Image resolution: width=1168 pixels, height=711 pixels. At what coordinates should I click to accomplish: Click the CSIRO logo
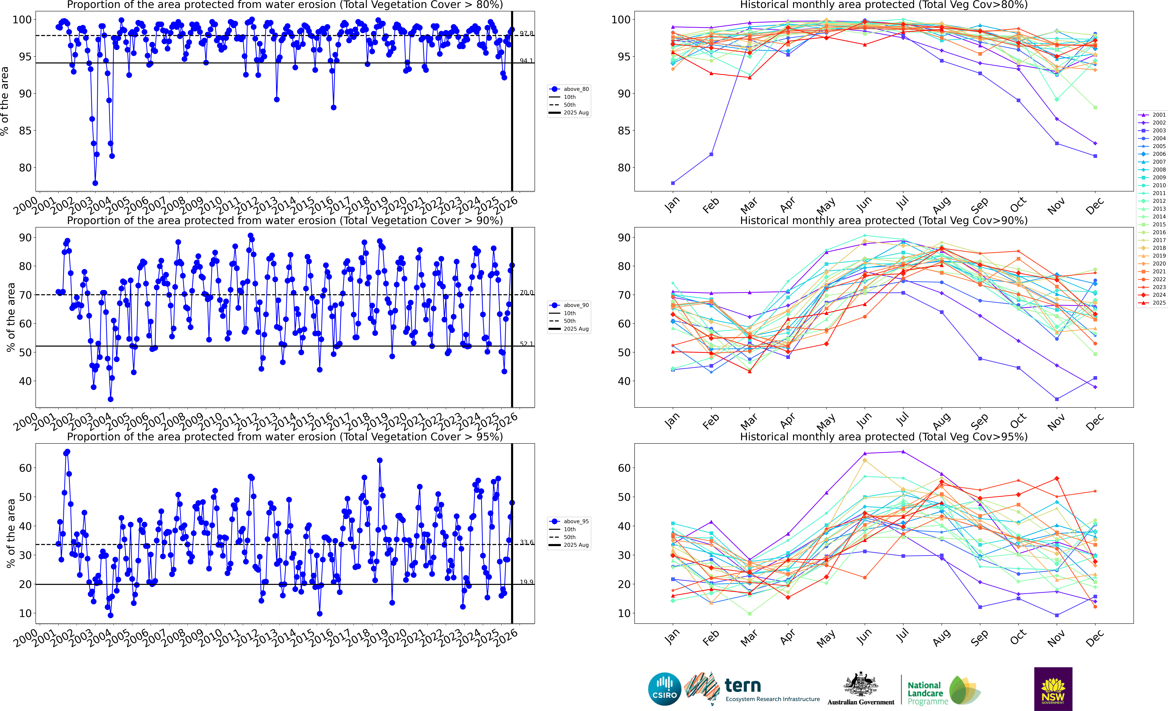[x=665, y=689]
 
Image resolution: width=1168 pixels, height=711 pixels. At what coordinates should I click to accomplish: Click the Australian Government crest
[x=860, y=685]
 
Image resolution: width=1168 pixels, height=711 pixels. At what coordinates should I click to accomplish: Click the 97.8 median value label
[x=526, y=33]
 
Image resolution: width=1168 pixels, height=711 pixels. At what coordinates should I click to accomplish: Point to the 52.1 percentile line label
[x=526, y=344]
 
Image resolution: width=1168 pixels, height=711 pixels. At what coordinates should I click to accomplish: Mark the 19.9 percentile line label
[x=526, y=582]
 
